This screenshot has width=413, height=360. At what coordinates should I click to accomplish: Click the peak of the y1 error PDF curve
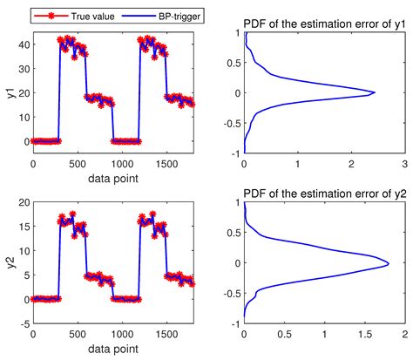point(375,92)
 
